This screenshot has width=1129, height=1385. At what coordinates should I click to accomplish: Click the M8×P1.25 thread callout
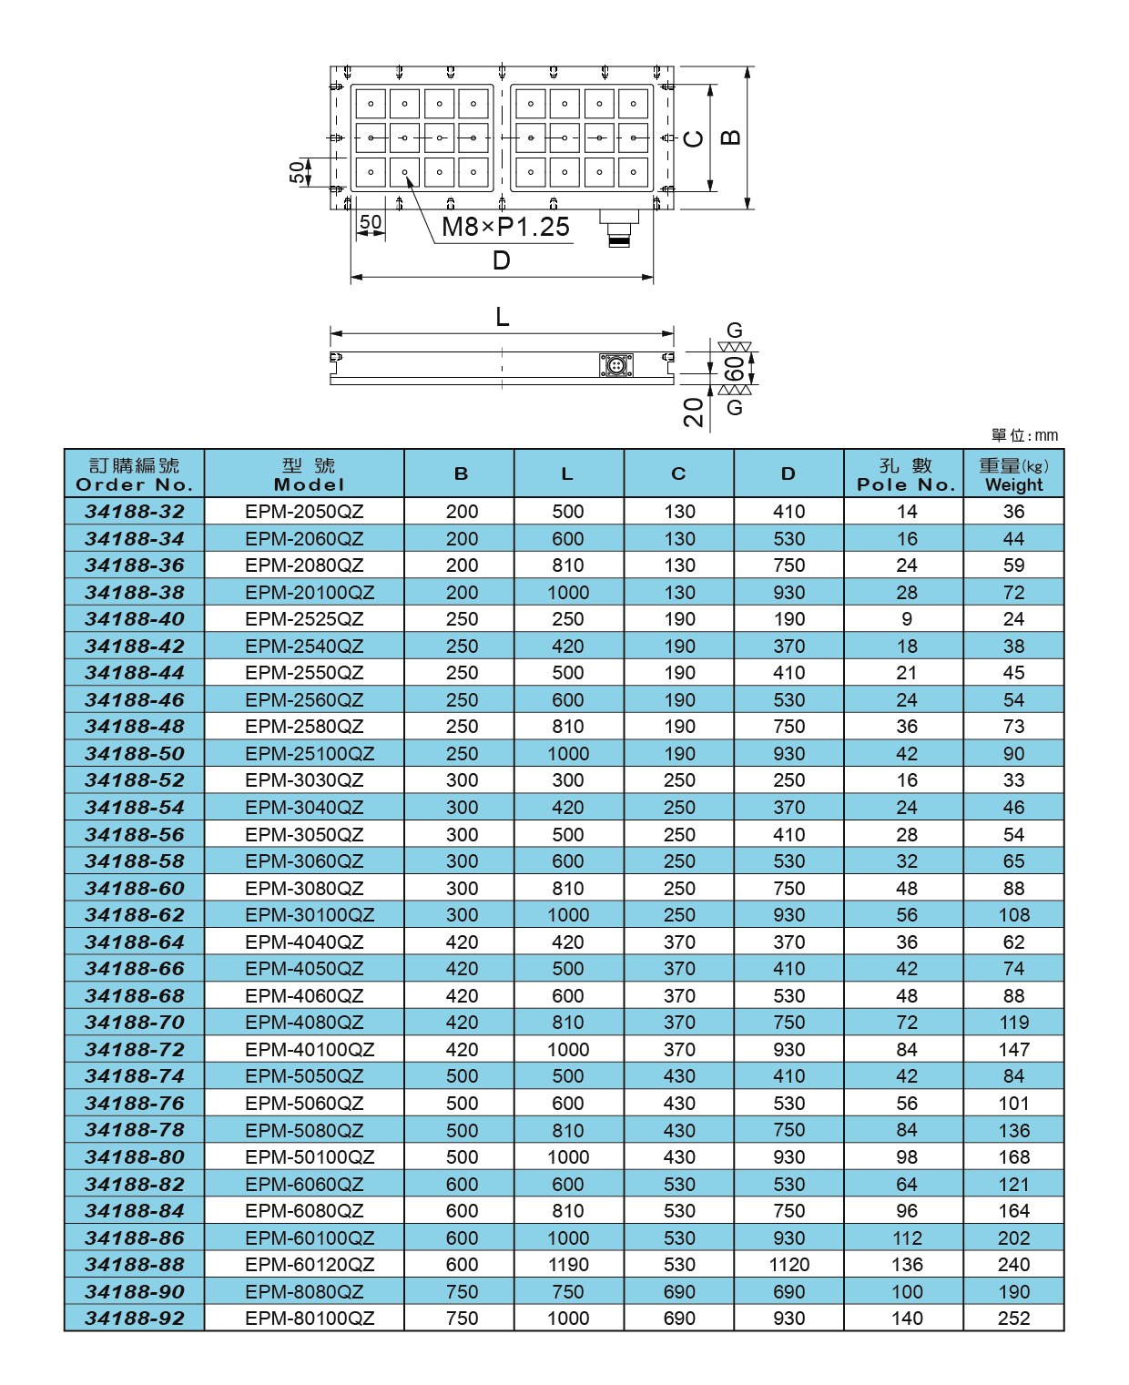(505, 227)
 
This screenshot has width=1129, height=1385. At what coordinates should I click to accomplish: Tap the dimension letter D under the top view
(501, 261)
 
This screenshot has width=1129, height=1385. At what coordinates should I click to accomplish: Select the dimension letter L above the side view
(502, 317)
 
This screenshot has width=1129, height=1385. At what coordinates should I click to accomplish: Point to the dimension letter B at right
(730, 137)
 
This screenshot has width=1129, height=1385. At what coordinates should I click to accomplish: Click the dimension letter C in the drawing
(694, 138)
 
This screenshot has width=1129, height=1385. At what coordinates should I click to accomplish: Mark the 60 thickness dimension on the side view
(733, 369)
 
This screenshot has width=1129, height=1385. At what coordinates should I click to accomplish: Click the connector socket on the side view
(616, 366)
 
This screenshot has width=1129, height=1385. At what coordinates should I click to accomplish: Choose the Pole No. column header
(906, 474)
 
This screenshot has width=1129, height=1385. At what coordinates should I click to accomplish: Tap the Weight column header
(1013, 474)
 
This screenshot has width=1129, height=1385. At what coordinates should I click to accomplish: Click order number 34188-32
(135, 512)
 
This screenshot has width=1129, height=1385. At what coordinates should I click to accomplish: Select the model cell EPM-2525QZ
(304, 619)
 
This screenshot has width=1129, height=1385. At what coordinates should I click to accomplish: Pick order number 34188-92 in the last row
(135, 1319)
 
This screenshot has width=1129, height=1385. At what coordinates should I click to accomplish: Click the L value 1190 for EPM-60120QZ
(568, 1265)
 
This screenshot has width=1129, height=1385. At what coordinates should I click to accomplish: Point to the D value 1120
(788, 1265)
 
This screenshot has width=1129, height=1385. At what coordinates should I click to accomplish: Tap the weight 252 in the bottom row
(1013, 1319)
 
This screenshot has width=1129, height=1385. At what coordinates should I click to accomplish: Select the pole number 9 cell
(906, 619)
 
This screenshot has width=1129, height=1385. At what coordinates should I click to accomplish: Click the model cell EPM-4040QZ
(304, 942)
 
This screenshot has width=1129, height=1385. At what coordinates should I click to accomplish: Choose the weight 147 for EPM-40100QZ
(1013, 1050)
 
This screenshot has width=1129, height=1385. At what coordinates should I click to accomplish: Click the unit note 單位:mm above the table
(1024, 435)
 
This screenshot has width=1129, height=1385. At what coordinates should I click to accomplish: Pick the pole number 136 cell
(906, 1265)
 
